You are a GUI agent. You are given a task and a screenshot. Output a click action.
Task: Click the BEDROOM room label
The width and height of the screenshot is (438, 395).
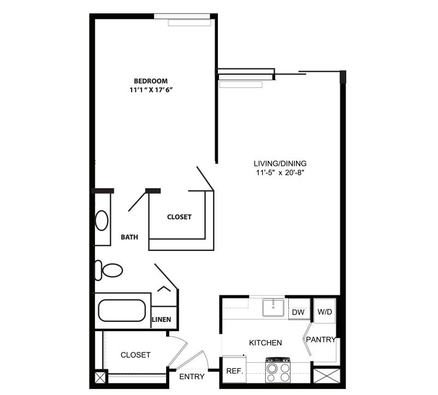151,81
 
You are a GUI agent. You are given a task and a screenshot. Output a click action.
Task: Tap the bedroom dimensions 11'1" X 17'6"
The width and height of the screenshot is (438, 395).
151,90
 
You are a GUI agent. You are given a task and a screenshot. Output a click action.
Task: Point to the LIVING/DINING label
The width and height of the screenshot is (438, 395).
280,164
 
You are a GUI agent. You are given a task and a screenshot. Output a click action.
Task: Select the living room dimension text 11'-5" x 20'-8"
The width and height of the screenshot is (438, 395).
280,172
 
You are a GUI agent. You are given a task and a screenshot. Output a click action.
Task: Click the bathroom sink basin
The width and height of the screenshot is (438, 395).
102,220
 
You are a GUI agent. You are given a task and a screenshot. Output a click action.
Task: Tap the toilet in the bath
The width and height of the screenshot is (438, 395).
109,270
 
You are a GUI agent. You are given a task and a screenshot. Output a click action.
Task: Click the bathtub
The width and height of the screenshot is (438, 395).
122,310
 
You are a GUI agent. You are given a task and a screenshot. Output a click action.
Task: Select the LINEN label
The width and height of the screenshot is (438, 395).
162,319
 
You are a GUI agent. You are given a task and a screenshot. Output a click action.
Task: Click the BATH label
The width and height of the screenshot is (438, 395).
129,237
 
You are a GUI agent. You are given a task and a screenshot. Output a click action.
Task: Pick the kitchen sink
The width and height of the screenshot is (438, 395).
273,307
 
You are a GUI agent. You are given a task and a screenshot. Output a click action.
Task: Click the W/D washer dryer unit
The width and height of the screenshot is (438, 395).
324,311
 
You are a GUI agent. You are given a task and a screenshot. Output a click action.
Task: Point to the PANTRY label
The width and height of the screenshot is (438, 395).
321,339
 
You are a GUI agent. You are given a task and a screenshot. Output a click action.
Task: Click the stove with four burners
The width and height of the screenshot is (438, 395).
278,370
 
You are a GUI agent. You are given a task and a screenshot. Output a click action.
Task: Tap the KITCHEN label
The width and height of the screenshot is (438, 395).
265,343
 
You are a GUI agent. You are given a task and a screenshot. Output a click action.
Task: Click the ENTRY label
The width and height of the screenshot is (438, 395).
192,376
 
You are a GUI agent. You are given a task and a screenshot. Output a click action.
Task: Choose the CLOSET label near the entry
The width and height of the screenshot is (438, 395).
135,355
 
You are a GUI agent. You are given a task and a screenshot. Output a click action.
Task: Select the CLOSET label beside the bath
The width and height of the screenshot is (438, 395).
179,217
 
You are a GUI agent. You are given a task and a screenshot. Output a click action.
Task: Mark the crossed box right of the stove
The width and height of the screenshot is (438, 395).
327,376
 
